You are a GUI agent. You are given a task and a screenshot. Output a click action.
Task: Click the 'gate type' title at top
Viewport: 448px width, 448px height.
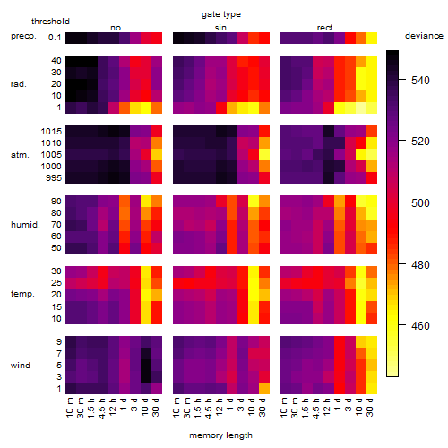pos(221,14)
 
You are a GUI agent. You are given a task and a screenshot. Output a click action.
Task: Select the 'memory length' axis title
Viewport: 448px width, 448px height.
pos(220,435)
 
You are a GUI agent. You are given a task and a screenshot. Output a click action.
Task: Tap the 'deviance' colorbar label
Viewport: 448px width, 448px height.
pos(424,36)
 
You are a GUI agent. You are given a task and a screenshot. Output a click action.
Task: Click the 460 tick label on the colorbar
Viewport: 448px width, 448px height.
pos(420,325)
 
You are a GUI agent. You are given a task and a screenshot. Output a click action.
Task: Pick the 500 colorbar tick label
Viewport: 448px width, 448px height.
pos(420,202)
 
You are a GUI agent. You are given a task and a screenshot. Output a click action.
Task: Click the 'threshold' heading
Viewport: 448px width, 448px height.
pos(50,22)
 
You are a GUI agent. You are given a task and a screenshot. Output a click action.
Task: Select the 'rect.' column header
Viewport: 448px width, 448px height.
pos(325,28)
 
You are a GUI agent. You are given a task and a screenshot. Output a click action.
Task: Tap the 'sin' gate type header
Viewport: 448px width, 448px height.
pos(220,28)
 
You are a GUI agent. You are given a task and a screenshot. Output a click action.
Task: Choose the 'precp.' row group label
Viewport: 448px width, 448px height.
pos(23,37)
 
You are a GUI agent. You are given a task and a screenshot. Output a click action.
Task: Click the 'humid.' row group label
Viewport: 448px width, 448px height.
pos(25,225)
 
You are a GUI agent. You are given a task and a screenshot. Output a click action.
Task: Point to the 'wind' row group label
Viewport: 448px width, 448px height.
pos(21,366)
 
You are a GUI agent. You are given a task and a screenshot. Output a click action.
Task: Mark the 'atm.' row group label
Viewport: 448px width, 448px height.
pos(20,155)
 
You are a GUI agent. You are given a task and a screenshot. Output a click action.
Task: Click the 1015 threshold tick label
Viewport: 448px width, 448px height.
pos(51,132)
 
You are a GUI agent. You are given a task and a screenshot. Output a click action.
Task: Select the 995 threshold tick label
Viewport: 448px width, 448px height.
pos(54,178)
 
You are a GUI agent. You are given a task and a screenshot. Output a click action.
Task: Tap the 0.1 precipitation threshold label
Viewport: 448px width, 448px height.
pos(55,38)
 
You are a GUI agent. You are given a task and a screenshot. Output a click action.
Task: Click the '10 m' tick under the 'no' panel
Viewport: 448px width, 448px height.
pos(70,408)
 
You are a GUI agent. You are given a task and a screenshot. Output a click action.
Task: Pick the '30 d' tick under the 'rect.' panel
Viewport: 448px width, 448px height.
pos(370,408)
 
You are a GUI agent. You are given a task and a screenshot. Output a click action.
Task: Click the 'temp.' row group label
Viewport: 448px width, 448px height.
pos(22,294)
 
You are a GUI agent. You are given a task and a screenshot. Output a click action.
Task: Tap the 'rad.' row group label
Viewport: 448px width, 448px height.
pos(19,84)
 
